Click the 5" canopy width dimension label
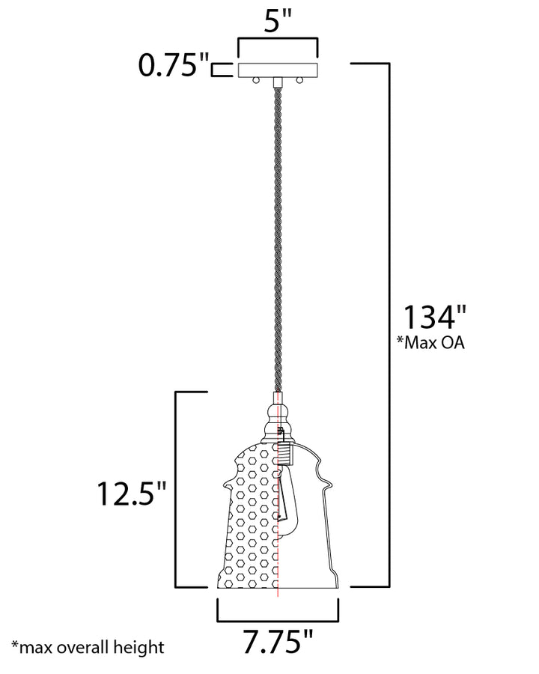(x=278, y=21)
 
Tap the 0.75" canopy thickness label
(x=174, y=65)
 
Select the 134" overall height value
(x=434, y=318)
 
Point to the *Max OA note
(x=430, y=342)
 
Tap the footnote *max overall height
(x=88, y=647)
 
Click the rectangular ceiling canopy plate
(x=278, y=70)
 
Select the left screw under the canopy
(x=256, y=80)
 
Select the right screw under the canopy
(x=299, y=80)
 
